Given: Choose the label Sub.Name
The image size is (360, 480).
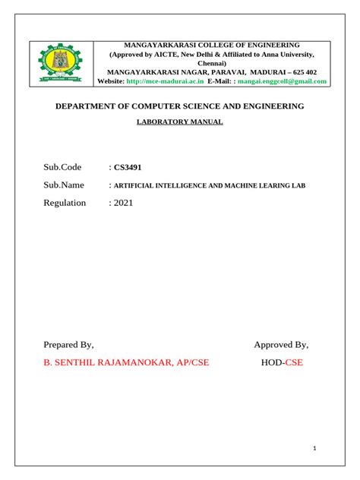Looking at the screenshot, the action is (65, 185).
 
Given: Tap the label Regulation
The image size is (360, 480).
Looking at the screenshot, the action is (65, 203).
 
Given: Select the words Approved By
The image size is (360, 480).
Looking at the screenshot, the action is (281, 344).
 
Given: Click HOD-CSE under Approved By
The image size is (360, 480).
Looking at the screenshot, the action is (281, 362).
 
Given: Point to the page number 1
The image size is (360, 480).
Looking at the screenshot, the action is (314, 450).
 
